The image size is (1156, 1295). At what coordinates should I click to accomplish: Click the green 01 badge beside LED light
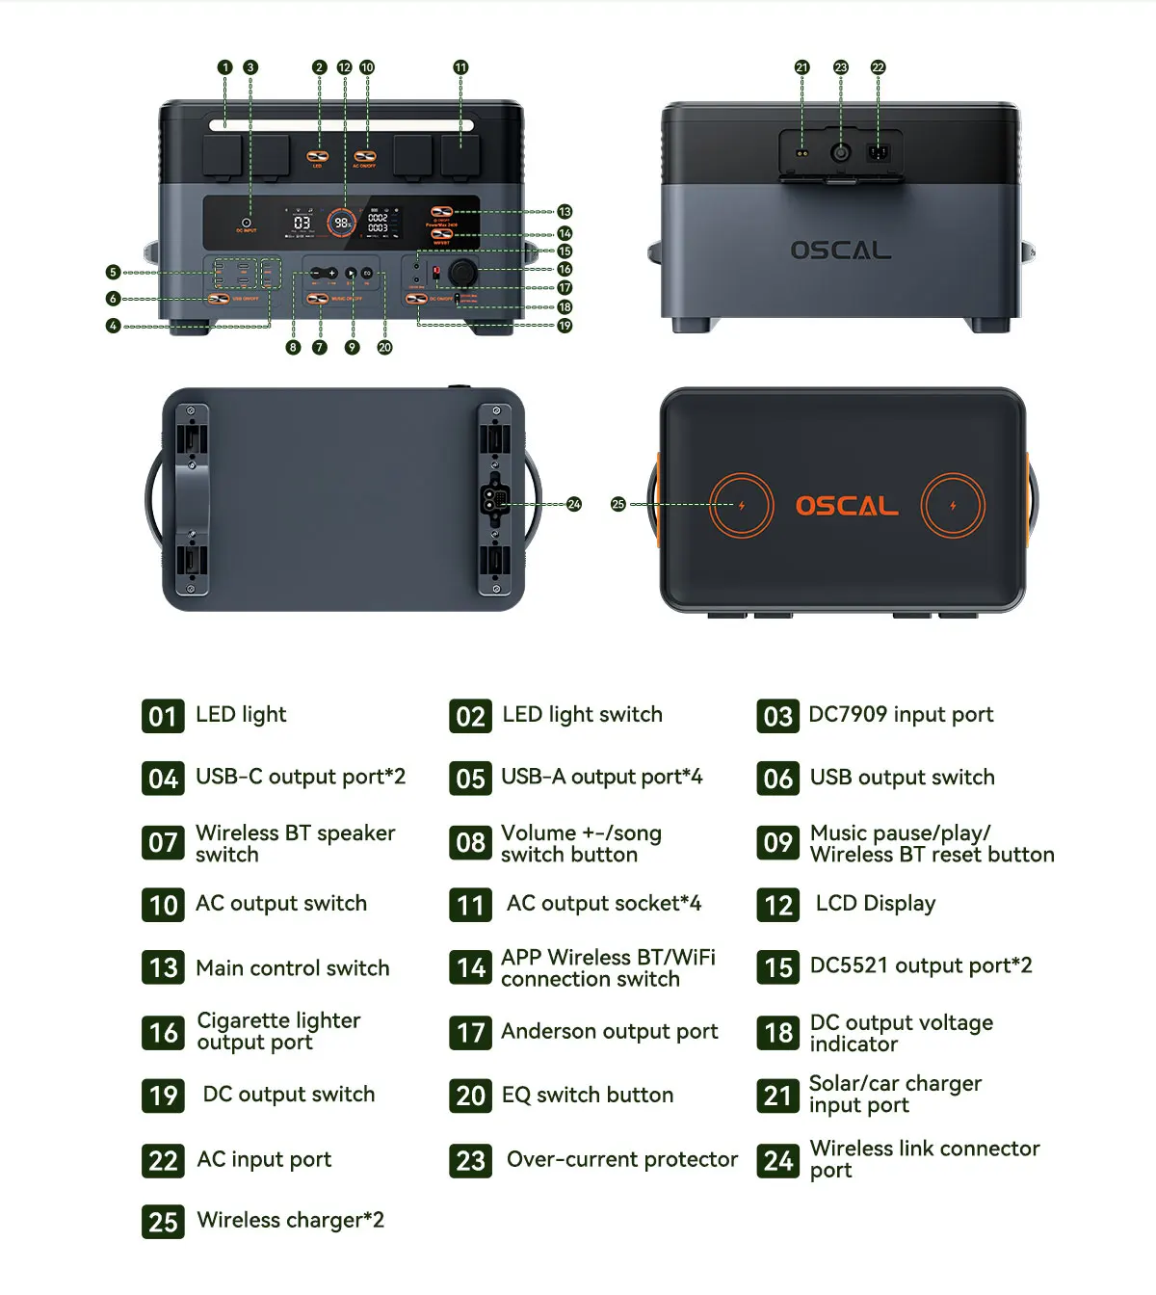(163, 716)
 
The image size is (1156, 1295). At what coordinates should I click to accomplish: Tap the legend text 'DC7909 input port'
(901, 715)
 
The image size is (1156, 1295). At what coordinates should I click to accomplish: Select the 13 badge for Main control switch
(163, 967)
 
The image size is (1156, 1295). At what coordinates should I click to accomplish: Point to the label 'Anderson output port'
(609, 1032)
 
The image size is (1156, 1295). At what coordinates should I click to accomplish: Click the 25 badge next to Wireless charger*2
(163, 1222)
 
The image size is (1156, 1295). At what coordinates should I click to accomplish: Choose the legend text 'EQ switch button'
(587, 1096)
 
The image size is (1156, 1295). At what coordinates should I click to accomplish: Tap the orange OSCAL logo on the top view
(847, 506)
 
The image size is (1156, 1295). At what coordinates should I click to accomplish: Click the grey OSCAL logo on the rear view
(841, 251)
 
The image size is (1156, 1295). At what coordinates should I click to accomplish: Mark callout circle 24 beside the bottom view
(574, 504)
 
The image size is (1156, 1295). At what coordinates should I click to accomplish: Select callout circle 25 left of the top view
(618, 504)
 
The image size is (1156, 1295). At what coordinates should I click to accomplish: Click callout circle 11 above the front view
(460, 67)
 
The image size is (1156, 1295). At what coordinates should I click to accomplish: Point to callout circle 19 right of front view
(565, 326)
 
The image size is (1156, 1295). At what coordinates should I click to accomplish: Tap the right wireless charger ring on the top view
(953, 505)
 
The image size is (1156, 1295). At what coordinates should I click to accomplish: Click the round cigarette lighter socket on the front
(462, 273)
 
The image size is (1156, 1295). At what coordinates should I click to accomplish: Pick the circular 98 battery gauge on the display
(341, 223)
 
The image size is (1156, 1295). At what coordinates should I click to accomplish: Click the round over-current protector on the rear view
(841, 152)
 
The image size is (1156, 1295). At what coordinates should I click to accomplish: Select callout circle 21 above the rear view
(801, 67)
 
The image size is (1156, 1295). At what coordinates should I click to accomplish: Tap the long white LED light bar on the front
(342, 125)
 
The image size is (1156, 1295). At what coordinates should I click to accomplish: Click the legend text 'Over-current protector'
(621, 1160)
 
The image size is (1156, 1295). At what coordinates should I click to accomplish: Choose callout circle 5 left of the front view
(113, 273)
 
